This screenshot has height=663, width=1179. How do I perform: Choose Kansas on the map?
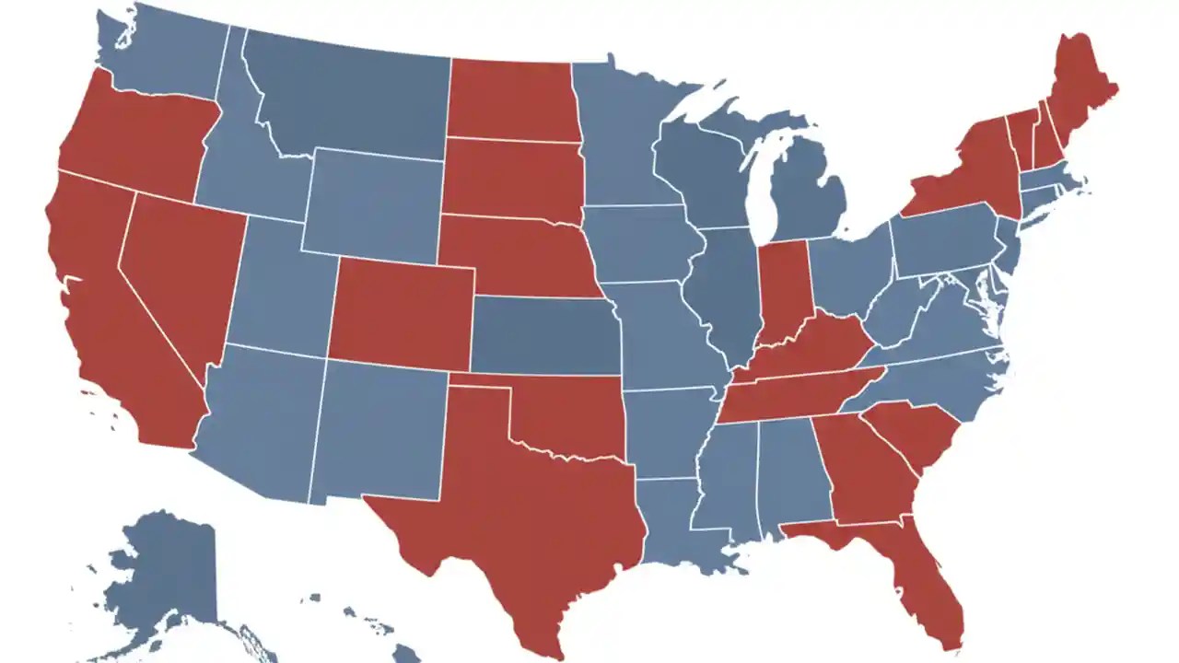543,336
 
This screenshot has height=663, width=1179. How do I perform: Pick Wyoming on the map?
373,203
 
